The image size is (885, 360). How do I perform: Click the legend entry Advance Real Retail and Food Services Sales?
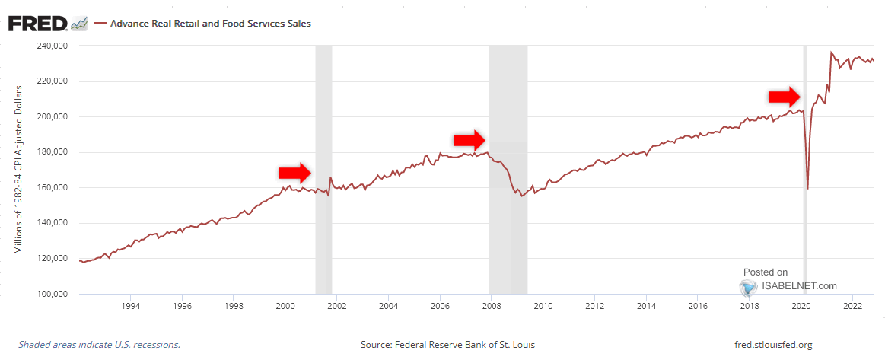[210, 24]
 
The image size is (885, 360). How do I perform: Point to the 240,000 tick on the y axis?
[53, 46]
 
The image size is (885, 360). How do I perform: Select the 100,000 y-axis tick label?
[53, 294]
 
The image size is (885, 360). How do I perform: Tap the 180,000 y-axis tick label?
[53, 152]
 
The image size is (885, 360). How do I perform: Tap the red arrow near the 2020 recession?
[784, 97]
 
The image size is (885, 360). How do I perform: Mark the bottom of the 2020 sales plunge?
[807, 188]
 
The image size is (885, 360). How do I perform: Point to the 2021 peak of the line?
[830, 53]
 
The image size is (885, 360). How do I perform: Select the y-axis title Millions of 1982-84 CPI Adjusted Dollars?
[19, 170]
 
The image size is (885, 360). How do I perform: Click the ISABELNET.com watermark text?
[800, 286]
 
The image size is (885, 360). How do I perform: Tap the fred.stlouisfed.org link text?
[770, 345]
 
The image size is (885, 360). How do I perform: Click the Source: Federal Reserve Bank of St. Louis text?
[447, 345]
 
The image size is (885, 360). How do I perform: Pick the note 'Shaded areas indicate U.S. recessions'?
[99, 345]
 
